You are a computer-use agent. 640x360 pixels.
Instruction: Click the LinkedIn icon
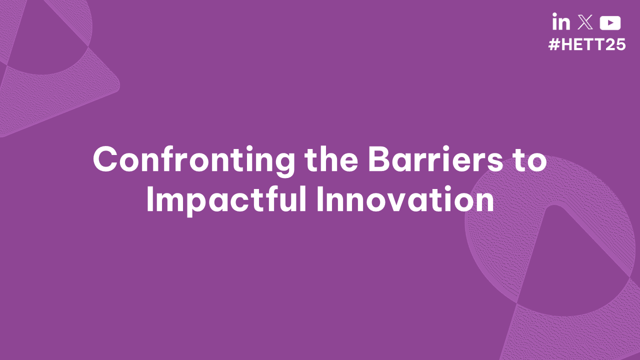click(x=561, y=22)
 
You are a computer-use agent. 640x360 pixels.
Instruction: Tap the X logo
click(x=585, y=22)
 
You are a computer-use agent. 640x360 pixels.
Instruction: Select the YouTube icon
click(x=610, y=23)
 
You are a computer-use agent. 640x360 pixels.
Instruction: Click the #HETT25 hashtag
click(x=587, y=44)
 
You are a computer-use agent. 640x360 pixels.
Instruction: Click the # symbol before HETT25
click(x=553, y=44)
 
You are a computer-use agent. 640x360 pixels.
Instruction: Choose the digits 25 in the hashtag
click(x=615, y=44)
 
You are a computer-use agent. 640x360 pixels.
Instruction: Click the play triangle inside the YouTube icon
click(x=610, y=23)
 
